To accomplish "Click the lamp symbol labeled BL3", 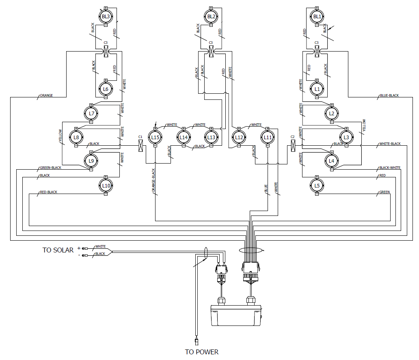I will tap(106, 17).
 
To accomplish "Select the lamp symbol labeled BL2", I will tap(211, 17).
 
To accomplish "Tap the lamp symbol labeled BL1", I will tap(317, 17).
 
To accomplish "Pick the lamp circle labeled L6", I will tap(106, 89).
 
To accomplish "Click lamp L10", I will tap(106, 185).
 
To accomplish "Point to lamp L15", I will tap(155, 137).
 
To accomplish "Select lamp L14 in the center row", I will tap(184, 137).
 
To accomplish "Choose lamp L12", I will tap(239, 137).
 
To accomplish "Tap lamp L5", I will tap(317, 185).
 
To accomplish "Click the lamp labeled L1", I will tap(317, 89).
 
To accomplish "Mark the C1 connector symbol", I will tap(140, 145).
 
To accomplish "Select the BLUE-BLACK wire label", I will tap(389, 96).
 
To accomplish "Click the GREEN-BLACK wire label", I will tap(50, 168).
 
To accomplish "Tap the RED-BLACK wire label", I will tap(49, 192).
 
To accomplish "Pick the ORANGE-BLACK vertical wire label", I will tap(154, 181).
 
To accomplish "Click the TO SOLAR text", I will tap(58, 250).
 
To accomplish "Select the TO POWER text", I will tap(201, 352).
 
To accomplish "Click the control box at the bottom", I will tap(235, 315).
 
